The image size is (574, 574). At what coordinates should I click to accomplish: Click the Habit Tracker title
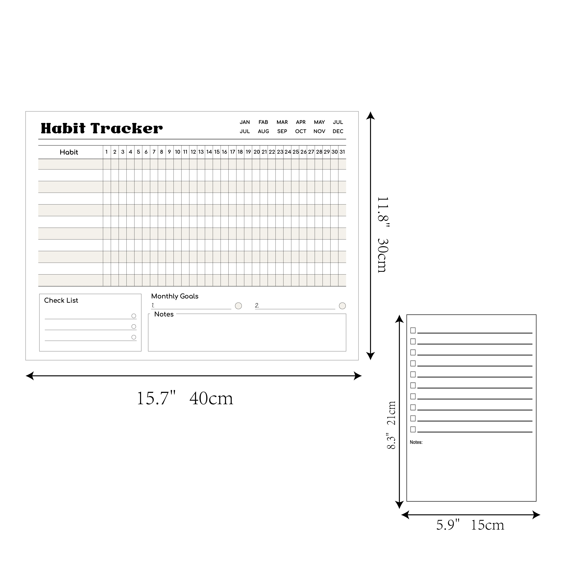click(x=102, y=128)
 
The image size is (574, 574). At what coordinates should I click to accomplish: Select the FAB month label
click(x=263, y=122)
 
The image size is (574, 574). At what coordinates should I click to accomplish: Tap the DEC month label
click(x=338, y=131)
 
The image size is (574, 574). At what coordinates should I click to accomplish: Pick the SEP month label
click(x=282, y=131)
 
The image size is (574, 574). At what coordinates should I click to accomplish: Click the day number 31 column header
click(x=342, y=152)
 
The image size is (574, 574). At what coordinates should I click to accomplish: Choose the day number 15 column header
click(x=217, y=152)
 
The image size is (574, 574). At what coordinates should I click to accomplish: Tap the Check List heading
click(x=61, y=300)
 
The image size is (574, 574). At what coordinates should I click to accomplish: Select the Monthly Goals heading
click(x=175, y=296)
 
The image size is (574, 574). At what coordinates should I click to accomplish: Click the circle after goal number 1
click(x=238, y=306)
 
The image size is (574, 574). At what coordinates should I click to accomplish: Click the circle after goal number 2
click(x=342, y=306)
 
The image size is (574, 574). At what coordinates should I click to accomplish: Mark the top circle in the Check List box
click(x=134, y=316)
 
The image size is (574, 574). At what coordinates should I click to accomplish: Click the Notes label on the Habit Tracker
click(x=164, y=314)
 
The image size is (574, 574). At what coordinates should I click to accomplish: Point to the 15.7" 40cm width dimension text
click(x=185, y=398)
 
